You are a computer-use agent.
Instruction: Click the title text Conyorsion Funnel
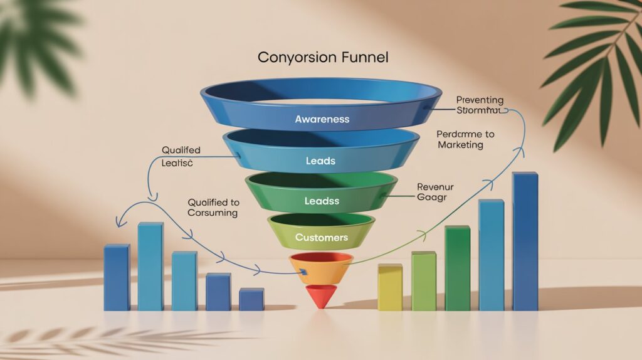point(323,58)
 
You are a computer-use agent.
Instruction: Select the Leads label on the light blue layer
point(320,161)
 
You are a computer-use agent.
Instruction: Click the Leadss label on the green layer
point(320,201)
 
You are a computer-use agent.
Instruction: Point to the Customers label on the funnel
point(321,238)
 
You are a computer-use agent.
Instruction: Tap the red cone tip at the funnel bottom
point(320,296)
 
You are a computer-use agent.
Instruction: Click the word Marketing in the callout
point(460,146)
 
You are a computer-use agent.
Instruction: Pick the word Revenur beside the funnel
point(434,186)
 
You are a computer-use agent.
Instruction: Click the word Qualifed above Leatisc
point(181,150)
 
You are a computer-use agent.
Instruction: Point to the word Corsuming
point(213,213)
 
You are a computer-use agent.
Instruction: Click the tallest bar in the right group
point(525,241)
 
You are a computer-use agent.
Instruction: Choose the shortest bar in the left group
point(251,299)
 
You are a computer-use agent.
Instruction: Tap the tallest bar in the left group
point(150,266)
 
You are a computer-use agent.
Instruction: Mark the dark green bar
point(457,268)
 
